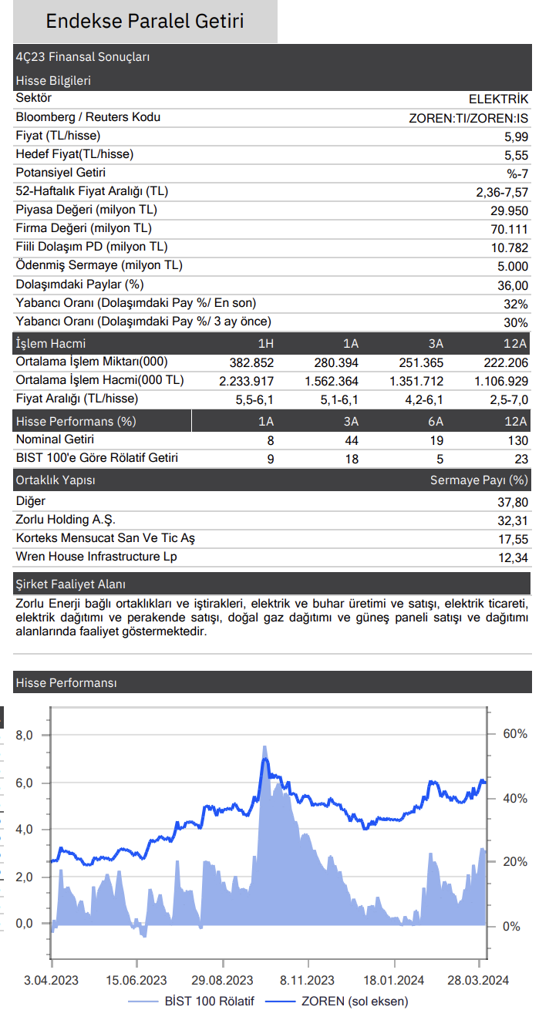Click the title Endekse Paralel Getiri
tap(145, 21)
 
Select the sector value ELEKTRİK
tap(498, 99)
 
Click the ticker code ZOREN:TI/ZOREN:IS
tap(468, 118)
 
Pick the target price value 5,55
tap(516, 156)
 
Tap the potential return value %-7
tap(517, 173)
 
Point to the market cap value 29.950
tap(509, 211)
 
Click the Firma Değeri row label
tap(83, 228)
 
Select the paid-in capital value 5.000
tap(513, 266)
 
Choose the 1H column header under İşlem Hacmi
tap(265, 344)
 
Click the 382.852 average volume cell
tap(251, 362)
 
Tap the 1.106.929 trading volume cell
tap(501, 381)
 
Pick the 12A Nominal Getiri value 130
tap(518, 440)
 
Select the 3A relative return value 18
tap(352, 459)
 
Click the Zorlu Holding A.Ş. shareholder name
tap(66, 520)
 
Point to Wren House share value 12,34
tap(514, 557)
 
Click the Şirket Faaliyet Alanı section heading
tap(71, 584)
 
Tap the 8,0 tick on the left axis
tap(24, 736)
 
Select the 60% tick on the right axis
tap(515, 733)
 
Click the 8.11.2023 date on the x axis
tap(307, 980)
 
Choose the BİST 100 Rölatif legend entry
tap(190, 1002)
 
